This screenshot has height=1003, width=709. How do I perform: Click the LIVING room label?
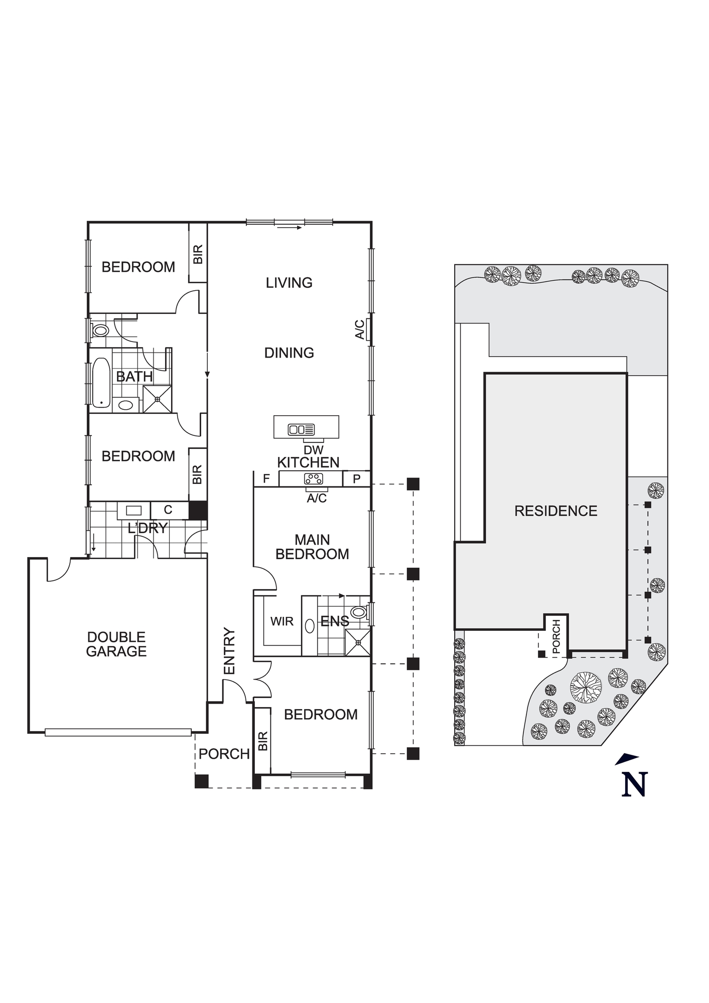(x=289, y=283)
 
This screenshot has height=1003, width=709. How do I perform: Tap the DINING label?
(x=289, y=353)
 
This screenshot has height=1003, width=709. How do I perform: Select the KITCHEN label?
(x=308, y=462)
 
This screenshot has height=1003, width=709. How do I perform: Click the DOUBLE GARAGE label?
(x=116, y=644)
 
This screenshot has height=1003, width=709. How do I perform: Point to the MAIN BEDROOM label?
(x=312, y=547)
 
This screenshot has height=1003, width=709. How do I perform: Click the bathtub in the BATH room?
(x=101, y=382)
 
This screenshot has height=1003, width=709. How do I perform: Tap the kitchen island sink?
(x=301, y=430)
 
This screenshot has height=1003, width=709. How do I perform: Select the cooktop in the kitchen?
(x=313, y=479)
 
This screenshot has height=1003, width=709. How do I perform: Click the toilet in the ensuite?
(x=359, y=612)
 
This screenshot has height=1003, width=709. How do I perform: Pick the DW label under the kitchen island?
(x=314, y=450)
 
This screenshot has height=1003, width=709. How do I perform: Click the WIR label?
(x=281, y=622)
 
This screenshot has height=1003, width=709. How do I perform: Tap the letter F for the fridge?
(x=266, y=479)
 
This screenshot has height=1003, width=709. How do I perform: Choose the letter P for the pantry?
(x=357, y=479)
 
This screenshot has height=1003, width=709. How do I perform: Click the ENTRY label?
(x=229, y=651)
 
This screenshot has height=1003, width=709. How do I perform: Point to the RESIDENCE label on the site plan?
(x=556, y=511)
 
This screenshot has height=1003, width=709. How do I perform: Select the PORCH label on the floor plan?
(x=224, y=754)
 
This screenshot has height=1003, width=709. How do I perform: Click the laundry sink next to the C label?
(x=133, y=511)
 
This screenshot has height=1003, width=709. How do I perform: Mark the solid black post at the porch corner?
(x=202, y=781)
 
